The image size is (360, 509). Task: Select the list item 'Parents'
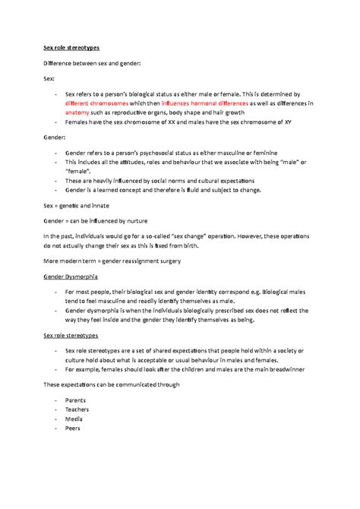(75, 399)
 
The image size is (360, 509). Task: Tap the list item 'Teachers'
(77, 409)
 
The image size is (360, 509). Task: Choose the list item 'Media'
(74, 418)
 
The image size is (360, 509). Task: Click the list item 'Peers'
(73, 428)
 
